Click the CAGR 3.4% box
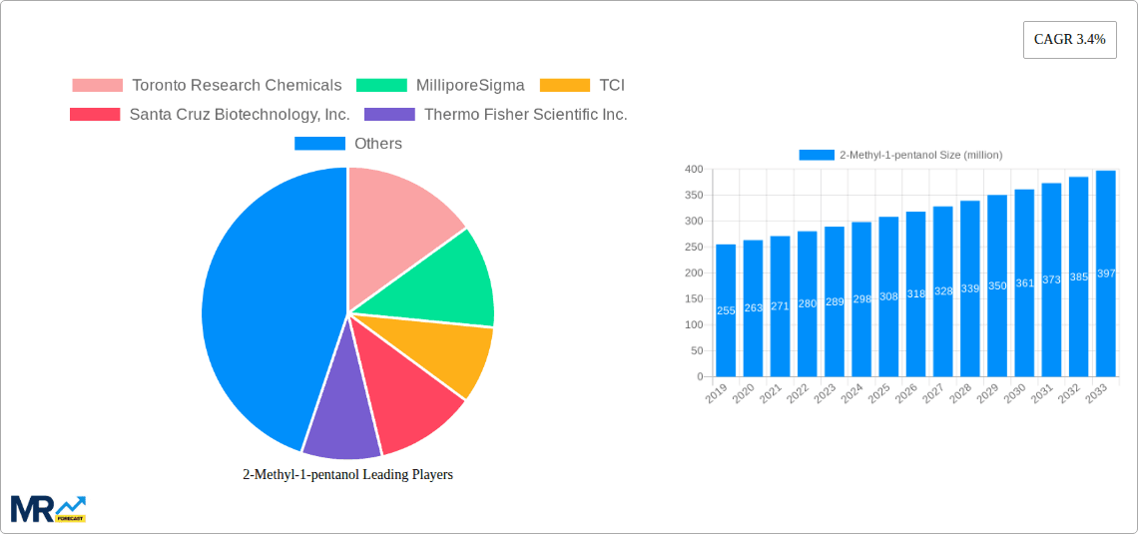1069,40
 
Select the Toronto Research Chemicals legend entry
208,86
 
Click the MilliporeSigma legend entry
441,86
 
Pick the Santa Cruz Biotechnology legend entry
210,115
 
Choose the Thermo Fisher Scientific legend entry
496,115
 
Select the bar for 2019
726,310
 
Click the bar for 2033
1105,273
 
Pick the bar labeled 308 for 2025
888,296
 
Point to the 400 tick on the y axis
693,170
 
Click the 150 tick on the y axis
693,299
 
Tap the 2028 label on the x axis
959,394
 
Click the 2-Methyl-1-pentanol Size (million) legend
901,155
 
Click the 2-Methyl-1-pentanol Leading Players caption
347,475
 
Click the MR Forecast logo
48,508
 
